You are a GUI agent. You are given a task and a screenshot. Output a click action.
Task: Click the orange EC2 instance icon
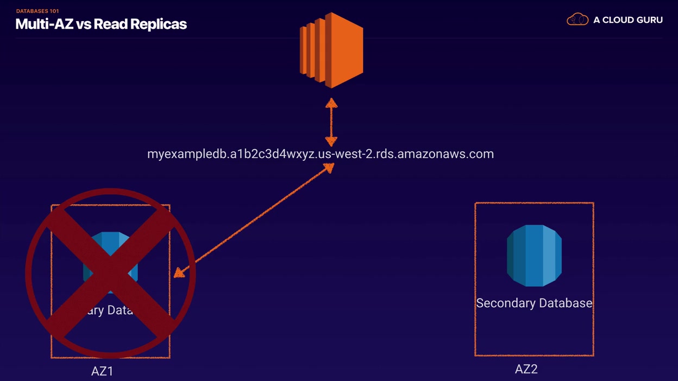pos(331,50)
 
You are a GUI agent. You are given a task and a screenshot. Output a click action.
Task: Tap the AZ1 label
pos(102,372)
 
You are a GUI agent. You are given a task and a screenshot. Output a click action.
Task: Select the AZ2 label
pos(526,370)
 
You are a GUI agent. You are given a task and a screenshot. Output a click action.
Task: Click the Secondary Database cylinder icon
pos(534,255)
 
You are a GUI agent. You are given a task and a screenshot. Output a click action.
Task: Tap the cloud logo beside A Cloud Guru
pos(577,20)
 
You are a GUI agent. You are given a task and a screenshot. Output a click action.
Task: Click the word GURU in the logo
pos(648,20)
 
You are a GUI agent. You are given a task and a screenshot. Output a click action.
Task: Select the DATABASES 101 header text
pos(37,11)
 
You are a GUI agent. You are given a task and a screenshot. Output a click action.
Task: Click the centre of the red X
pos(110,274)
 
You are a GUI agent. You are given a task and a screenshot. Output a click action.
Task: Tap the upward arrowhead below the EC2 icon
pos(331,103)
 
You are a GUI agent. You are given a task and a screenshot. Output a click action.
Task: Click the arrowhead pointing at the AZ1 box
pos(179,272)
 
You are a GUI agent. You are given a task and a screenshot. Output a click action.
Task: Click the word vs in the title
pos(84,24)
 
